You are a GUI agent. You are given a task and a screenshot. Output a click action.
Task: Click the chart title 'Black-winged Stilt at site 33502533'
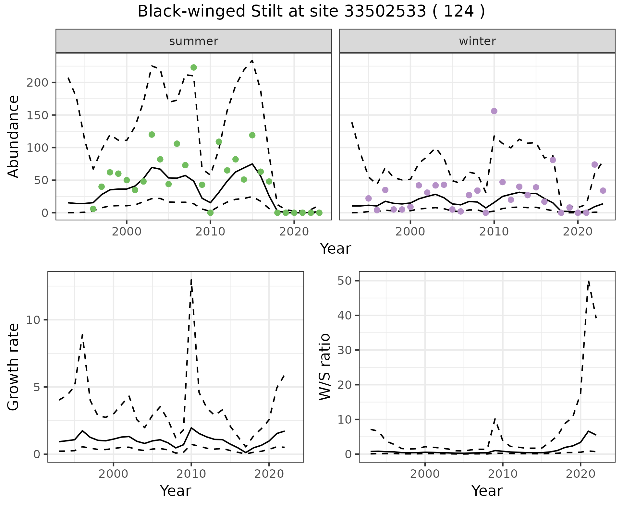pyautogui.click(x=311, y=12)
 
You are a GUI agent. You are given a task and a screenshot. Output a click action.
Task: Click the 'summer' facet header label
pyautogui.click(x=194, y=41)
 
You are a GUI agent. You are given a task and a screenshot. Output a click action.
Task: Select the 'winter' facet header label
pyautogui.click(x=477, y=41)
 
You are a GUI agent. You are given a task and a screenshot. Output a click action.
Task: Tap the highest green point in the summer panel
pyautogui.click(x=194, y=67)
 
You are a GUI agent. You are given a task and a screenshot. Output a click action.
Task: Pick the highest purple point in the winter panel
pyautogui.click(x=494, y=111)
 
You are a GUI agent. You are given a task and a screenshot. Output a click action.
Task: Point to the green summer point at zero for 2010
pyautogui.click(x=210, y=213)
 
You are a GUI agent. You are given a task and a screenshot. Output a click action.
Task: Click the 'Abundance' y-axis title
pyautogui.click(x=14, y=137)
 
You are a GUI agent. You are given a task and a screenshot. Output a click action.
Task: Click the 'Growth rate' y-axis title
pyautogui.click(x=14, y=367)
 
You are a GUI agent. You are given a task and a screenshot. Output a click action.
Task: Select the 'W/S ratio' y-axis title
pyautogui.click(x=325, y=367)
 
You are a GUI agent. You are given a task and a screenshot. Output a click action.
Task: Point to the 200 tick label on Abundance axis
pyautogui.click(x=37, y=83)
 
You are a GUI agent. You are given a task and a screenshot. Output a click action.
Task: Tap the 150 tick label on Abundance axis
pyautogui.click(x=37, y=115)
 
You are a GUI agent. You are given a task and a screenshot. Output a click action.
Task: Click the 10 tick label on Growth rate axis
pyautogui.click(x=33, y=320)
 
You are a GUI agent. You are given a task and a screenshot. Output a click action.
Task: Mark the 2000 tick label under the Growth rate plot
pyautogui.click(x=113, y=474)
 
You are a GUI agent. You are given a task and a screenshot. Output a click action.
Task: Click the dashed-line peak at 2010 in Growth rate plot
pyautogui.click(x=191, y=280)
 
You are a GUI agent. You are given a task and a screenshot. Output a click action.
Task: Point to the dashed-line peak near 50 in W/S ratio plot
pyautogui.click(x=589, y=281)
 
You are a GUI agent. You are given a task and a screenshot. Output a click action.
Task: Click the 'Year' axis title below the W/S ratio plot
pyautogui.click(x=487, y=491)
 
